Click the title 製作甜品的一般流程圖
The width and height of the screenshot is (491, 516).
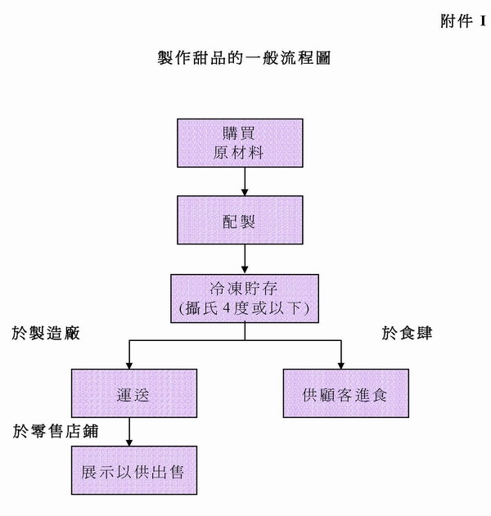(244, 59)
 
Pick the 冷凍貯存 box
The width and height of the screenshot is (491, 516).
(245, 298)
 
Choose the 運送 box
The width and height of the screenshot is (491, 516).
(134, 393)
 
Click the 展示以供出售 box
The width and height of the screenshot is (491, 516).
(134, 472)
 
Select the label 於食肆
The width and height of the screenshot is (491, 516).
(407, 334)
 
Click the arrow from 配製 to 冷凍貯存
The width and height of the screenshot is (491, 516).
(244, 259)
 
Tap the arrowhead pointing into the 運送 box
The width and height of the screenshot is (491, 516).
(128, 364)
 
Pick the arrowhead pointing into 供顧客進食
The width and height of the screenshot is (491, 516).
(341, 364)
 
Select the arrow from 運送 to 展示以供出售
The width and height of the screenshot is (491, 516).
(128, 432)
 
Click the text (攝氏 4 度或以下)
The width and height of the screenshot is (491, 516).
(245, 309)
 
